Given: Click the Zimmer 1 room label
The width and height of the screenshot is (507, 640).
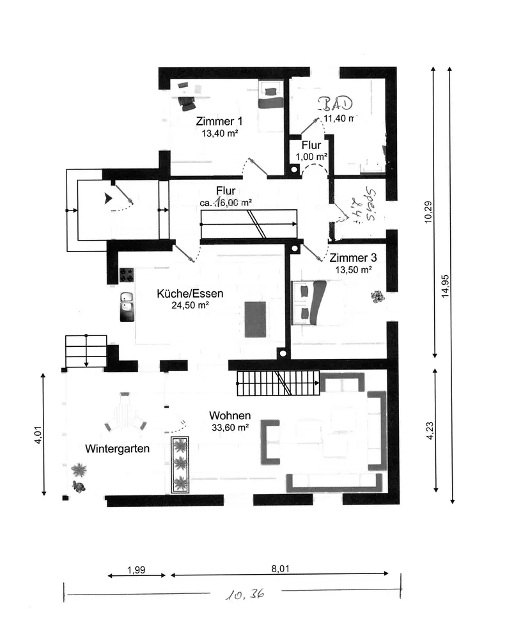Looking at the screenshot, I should pyautogui.click(x=219, y=122).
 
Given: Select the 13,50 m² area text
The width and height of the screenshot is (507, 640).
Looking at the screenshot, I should pyautogui.click(x=354, y=270).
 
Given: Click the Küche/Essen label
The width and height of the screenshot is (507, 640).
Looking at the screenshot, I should pyautogui.click(x=190, y=294).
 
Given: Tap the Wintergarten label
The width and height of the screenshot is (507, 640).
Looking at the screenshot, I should pyautogui.click(x=118, y=449).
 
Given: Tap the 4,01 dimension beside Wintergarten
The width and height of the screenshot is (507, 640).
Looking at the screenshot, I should pyautogui.click(x=38, y=435).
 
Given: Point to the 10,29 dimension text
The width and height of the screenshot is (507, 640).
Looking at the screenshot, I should pyautogui.click(x=428, y=212).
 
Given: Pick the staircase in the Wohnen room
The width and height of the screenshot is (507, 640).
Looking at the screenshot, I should pyautogui.click(x=277, y=383).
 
